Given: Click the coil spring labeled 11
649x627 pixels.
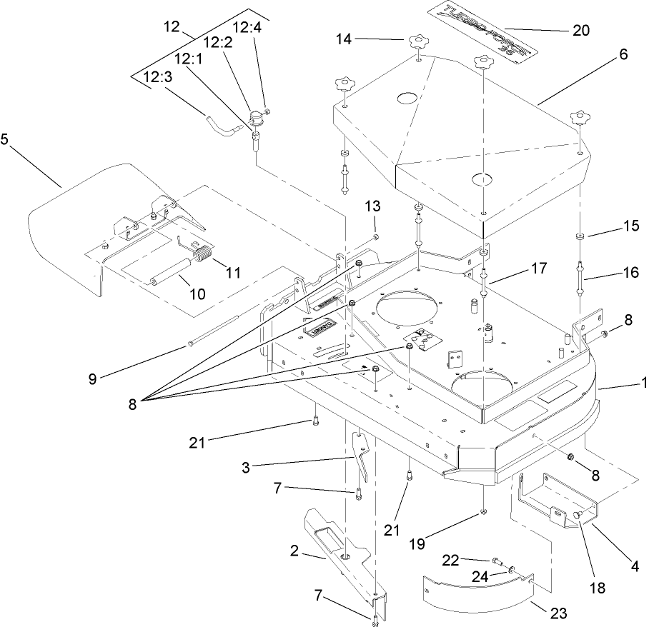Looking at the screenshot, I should (204, 254).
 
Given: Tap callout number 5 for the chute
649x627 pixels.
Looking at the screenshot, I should (4, 139).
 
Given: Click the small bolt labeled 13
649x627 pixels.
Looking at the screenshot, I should (376, 236).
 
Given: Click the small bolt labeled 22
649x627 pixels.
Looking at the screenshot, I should (494, 561).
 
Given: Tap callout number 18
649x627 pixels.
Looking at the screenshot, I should (597, 588).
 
